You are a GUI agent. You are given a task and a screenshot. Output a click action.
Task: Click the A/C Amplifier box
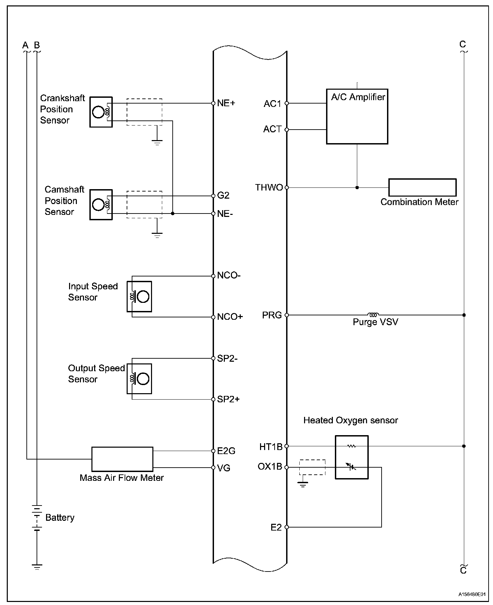(x=357, y=116)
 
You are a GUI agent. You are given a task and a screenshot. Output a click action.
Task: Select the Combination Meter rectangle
(x=422, y=187)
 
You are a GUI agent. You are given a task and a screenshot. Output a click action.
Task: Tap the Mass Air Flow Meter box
(x=122, y=459)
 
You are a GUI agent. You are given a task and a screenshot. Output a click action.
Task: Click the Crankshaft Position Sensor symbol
(x=101, y=112)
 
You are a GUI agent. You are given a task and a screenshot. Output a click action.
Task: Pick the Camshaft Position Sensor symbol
(x=101, y=205)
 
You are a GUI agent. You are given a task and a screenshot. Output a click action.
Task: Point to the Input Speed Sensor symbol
(x=139, y=296)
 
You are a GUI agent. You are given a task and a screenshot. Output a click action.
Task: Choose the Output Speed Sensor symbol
(x=139, y=379)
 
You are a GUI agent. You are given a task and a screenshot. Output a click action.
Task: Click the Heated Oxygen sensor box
(x=351, y=457)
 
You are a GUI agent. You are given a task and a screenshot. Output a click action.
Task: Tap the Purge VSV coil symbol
(x=373, y=315)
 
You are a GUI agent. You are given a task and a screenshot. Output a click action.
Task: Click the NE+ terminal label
(x=226, y=103)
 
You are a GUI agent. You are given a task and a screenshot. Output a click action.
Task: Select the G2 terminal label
(x=223, y=196)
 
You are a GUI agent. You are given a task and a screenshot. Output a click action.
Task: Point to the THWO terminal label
(x=269, y=187)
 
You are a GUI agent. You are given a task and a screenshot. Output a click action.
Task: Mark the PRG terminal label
(x=272, y=315)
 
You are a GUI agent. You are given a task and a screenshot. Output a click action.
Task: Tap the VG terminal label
(x=224, y=468)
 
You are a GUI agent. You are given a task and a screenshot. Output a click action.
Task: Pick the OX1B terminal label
(x=270, y=467)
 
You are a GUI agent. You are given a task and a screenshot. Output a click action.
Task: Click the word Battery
(x=60, y=517)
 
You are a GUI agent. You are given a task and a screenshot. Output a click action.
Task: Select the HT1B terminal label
(x=271, y=447)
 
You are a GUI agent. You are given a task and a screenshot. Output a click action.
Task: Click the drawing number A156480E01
(x=472, y=594)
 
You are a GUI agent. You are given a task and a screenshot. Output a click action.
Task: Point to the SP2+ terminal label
(x=228, y=399)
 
